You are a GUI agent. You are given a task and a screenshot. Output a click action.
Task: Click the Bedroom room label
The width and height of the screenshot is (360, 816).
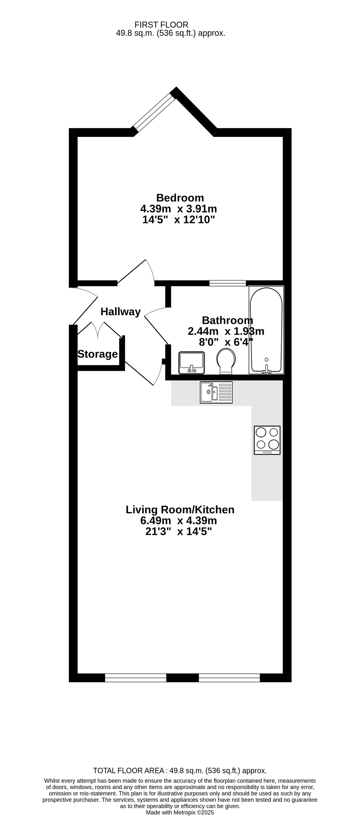180,198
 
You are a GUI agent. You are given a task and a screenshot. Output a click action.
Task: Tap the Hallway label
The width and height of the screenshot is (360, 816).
121,312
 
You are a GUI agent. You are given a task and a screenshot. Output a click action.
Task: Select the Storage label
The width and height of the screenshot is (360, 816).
98,354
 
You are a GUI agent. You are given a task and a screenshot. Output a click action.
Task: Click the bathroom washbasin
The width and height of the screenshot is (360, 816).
192,363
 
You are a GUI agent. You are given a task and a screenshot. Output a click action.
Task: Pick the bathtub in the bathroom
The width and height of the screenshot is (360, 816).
266,330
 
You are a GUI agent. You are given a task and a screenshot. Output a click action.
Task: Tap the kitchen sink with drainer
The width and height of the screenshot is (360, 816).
216,392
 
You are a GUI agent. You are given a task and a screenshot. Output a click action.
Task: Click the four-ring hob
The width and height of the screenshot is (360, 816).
267,440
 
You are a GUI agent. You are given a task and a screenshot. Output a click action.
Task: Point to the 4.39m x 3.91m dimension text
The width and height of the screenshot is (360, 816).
179,209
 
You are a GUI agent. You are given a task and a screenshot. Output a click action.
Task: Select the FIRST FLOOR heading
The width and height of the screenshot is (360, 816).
161,25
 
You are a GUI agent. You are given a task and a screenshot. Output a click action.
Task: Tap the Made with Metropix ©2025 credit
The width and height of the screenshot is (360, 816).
180,813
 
